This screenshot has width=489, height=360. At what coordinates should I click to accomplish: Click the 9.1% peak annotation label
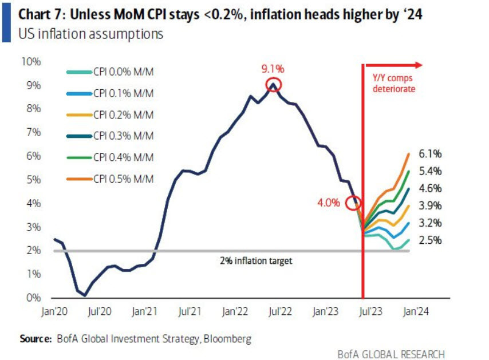pos(273,69)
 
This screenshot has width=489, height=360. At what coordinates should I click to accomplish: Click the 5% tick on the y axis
pos(33,179)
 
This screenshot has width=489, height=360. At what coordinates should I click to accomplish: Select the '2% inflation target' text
pos(256,261)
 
